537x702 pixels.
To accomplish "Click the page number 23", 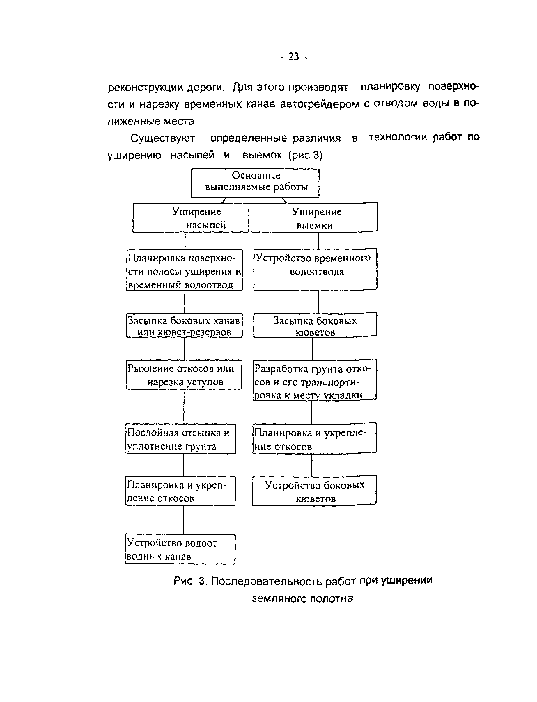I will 293,56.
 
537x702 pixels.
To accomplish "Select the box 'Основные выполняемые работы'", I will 255,183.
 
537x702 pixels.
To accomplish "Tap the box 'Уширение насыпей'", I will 191,218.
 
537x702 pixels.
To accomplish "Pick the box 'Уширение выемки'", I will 313,218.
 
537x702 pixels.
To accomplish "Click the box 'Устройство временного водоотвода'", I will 316,269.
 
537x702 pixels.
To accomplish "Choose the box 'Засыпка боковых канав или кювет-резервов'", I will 184,325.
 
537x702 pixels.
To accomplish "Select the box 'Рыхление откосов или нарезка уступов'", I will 184,375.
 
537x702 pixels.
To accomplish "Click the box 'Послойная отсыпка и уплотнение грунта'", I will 180,439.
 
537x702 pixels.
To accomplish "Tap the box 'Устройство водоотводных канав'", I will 180,549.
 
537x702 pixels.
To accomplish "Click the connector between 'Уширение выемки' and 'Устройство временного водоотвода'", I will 318,241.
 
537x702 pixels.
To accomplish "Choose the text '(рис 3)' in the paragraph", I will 305,155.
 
